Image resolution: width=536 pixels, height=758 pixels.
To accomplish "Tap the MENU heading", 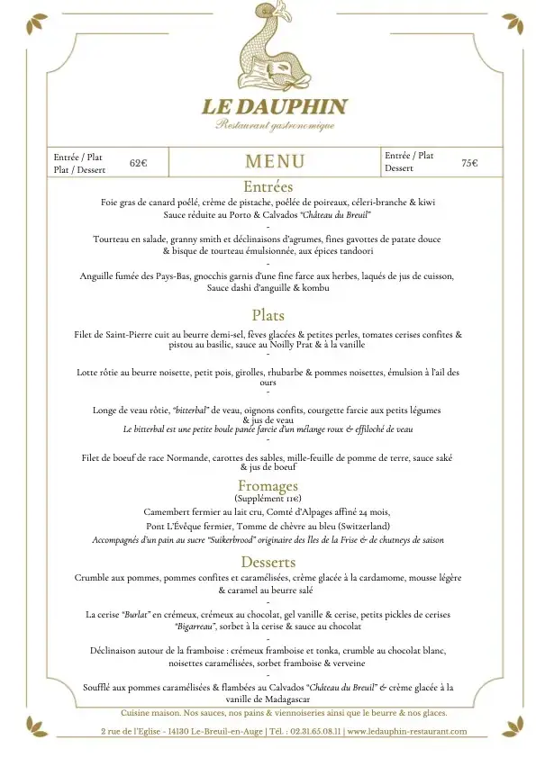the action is (x=275, y=162).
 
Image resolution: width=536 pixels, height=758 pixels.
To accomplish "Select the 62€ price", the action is (x=138, y=163).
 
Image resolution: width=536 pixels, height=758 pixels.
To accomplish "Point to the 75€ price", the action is (x=469, y=163).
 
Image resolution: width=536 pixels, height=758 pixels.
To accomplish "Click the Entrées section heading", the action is (x=268, y=187).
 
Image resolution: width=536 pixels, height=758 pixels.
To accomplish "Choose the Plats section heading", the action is (x=268, y=315).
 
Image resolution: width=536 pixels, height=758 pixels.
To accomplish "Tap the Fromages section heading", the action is (x=268, y=486).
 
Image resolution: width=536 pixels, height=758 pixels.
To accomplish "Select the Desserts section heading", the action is (x=268, y=562).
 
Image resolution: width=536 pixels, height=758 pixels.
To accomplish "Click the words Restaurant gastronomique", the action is (x=275, y=126).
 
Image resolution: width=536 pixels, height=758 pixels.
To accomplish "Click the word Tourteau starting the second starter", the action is (x=113, y=239).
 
